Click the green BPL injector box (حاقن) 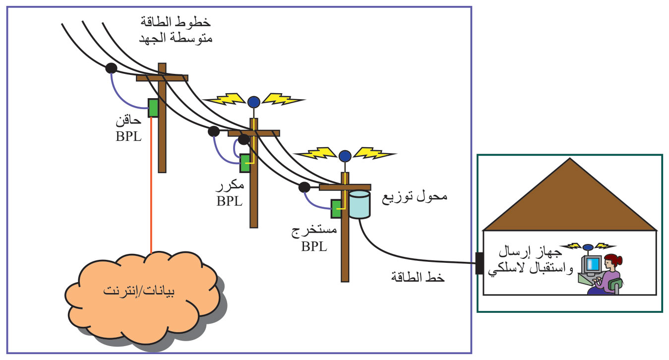coord(153,108)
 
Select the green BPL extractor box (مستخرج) coord(336,209)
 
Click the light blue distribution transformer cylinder coord(359,204)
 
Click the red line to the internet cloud coord(151,198)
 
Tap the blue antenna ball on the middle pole coord(254,102)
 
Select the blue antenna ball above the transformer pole coord(345,156)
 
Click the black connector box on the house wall coord(479,263)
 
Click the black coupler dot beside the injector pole coord(111,67)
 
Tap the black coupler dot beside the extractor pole coord(304,187)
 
